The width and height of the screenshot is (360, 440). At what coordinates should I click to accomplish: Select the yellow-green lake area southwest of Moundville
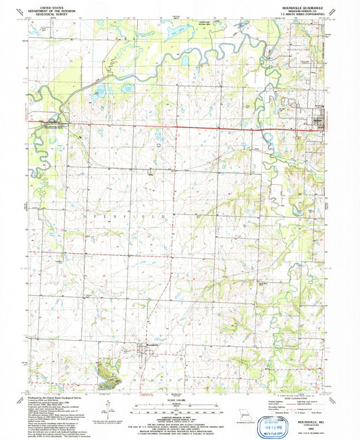tap(107, 368)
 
